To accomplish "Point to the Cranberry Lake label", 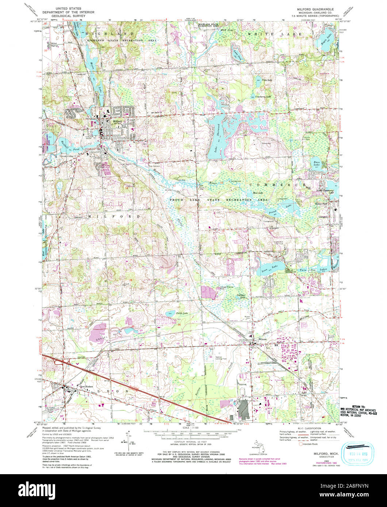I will pos(263,97).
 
